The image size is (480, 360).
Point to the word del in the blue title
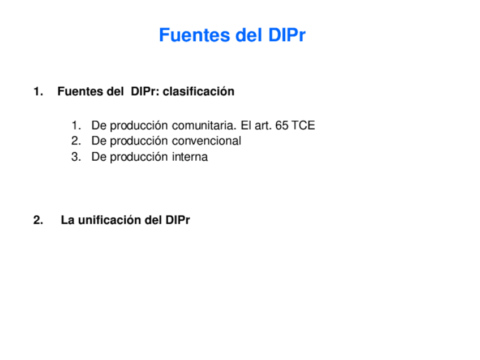(x=247, y=35)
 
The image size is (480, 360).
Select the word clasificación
(x=199, y=91)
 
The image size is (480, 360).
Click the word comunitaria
(x=204, y=125)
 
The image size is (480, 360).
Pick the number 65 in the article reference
(x=282, y=125)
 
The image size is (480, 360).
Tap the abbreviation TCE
(x=303, y=125)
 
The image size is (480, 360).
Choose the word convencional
(x=207, y=141)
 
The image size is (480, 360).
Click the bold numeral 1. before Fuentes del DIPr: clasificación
(x=38, y=91)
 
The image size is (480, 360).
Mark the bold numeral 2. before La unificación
(x=38, y=220)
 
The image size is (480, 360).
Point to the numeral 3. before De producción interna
(x=76, y=157)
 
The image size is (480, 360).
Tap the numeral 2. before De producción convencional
(x=76, y=141)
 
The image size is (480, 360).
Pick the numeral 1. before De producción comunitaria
(x=76, y=125)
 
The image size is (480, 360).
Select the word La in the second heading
(x=67, y=220)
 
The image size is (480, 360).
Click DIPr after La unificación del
(x=178, y=220)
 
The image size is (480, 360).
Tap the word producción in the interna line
(x=139, y=157)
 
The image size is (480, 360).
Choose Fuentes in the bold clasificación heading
(x=80, y=91)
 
